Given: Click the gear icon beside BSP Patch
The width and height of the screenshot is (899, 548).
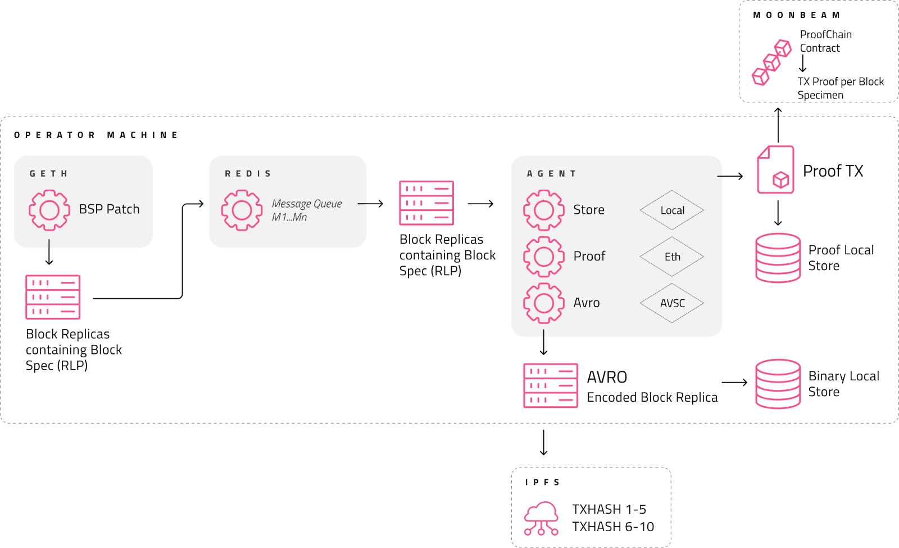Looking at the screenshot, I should point(49,210).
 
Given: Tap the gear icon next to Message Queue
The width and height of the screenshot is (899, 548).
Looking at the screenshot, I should point(242,210).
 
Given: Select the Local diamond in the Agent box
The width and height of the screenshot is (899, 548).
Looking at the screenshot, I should point(672,210).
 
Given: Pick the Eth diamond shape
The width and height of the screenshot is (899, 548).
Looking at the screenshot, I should point(672,257).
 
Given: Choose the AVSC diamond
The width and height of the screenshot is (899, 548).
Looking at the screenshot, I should point(672,303).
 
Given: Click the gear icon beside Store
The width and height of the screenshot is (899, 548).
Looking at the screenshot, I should point(543,210).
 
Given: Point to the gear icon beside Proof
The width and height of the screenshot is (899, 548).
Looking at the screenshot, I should point(543,257).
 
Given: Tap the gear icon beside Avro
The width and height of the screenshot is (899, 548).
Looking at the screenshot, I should point(543,303).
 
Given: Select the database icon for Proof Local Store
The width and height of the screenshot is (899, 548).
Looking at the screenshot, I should point(778,258).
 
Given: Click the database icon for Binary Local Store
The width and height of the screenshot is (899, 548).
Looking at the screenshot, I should point(778,384).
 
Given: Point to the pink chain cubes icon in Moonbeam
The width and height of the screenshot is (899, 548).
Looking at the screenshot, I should point(771,62).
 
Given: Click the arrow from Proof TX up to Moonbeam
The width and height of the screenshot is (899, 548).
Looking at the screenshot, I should point(778,125).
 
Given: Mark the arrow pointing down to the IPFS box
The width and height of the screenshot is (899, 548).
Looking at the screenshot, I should point(543,442).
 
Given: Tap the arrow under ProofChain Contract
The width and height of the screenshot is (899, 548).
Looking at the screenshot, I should point(803,64).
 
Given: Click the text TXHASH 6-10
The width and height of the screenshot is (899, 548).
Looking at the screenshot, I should point(613,527).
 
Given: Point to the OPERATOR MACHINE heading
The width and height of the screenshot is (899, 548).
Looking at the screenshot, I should point(96,135).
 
